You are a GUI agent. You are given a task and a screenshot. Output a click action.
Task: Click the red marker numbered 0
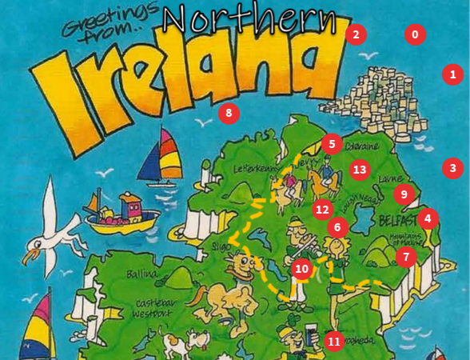pos(415,35)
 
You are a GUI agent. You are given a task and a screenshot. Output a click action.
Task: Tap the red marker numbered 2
pos(356,34)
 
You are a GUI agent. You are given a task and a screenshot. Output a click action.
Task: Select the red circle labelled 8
pos(229,113)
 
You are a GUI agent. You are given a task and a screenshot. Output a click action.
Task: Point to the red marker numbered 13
pos(360,169)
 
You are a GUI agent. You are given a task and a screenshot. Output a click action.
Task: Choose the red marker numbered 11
pos(334,341)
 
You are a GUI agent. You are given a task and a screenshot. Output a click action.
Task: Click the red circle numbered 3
pos(453,168)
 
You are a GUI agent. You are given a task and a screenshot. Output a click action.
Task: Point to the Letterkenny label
pos(254,170)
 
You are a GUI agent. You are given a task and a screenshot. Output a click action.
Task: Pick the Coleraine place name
pos(364,146)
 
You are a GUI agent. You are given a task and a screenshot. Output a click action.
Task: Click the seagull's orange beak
pos(30,257)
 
